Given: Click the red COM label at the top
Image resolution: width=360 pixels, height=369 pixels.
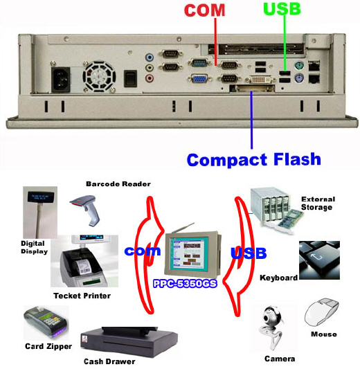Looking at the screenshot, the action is point(204,10).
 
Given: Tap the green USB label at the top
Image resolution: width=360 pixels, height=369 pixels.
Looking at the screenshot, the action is point(282,8).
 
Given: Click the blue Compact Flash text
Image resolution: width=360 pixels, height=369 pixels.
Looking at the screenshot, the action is point(254,159).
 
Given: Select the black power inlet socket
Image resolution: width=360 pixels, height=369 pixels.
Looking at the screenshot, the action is point(61,80).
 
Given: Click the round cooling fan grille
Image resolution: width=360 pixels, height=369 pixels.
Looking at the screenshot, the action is point(99,76).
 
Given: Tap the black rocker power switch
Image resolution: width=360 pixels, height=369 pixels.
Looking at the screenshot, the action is point(130,78).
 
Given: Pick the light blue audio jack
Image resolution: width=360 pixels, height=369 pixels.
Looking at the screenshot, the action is point(150,57).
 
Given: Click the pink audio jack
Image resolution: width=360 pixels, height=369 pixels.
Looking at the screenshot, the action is point(150,78).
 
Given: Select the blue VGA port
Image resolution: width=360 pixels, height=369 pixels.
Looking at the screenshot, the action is point(199,78).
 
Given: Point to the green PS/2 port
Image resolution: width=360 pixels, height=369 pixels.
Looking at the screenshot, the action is point(299,65).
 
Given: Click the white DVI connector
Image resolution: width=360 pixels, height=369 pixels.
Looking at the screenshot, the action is point(260,80).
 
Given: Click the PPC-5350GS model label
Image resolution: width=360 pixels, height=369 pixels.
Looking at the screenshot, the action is point(185,283).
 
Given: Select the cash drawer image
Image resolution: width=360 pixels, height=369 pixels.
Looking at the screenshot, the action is point(129,341).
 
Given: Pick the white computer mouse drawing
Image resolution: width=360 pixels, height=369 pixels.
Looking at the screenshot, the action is point(322,312).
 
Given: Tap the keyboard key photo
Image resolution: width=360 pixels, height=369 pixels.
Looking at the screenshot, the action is point(319,260).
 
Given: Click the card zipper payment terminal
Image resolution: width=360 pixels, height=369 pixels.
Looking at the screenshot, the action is point(46,322).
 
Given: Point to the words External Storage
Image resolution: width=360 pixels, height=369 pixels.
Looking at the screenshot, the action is point(318,203).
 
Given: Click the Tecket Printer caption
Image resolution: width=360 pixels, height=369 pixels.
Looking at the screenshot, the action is point(82,296).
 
